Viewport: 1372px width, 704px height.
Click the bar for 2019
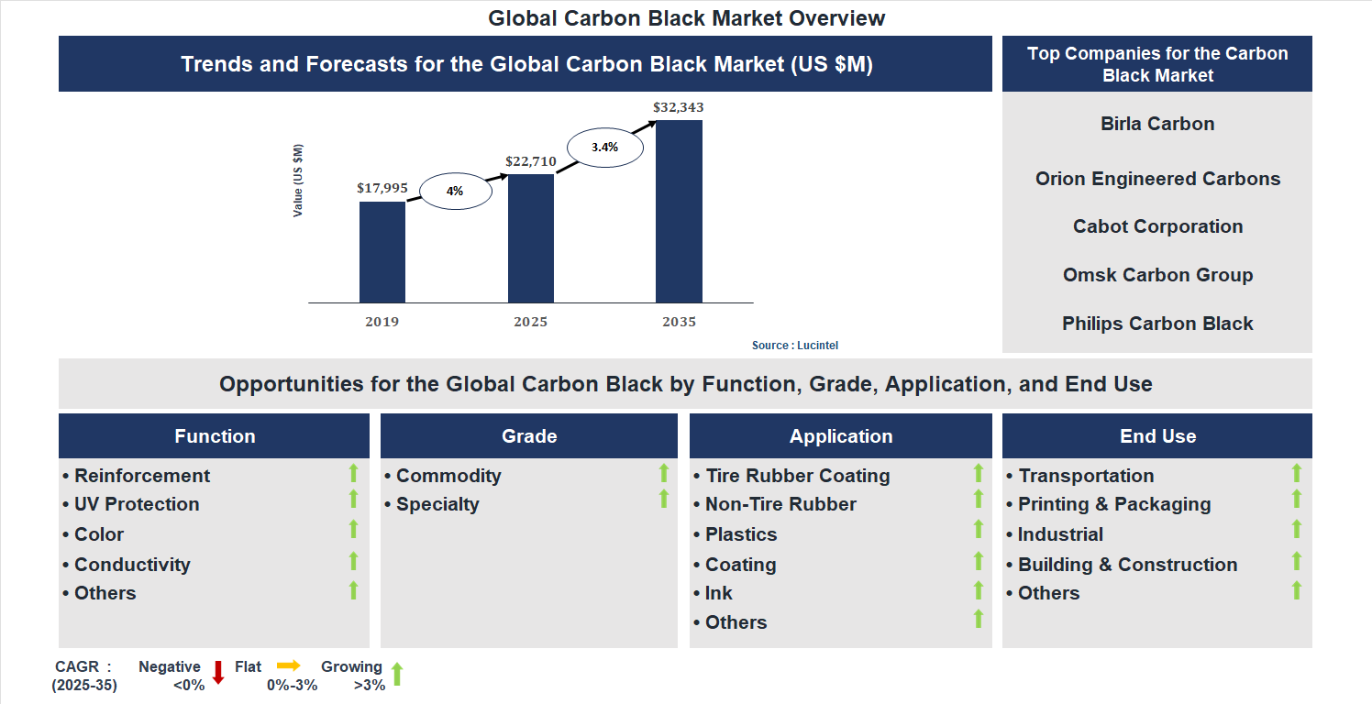pos(382,252)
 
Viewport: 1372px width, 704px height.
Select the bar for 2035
pos(679,212)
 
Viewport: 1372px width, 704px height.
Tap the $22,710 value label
pos(530,162)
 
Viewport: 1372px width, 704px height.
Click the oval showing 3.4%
pos(604,147)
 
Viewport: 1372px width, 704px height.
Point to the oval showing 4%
pos(455,192)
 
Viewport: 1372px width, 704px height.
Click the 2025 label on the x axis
pos(530,322)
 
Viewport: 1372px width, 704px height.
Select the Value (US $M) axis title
pos(298,181)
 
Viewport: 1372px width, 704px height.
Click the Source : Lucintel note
pos(795,346)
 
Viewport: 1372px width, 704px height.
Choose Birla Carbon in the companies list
pos(1157,124)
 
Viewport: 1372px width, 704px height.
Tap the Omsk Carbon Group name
pos(1157,275)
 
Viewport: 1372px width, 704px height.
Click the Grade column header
pos(529,436)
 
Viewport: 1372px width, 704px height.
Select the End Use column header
pos(1157,436)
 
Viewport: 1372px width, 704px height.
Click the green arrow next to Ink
pos(979,590)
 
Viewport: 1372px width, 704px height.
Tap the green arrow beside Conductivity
pos(354,561)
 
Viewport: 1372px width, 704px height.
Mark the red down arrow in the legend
pos(218,673)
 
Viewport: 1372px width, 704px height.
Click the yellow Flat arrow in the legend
pos(289,665)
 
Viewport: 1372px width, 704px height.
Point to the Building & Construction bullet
pos(1127,565)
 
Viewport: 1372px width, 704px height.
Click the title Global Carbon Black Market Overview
pos(686,18)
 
